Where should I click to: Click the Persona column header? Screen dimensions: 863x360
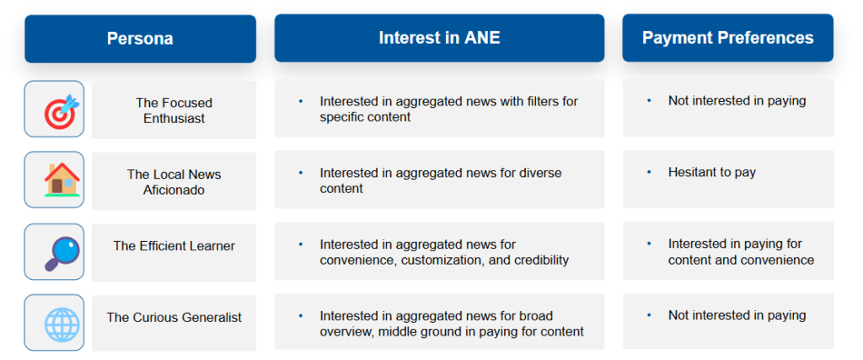click(140, 39)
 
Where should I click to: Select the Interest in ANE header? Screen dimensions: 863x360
click(439, 38)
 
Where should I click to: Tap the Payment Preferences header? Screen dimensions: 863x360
click(727, 37)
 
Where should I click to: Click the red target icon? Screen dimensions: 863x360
click(61, 112)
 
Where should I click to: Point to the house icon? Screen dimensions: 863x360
click(62, 180)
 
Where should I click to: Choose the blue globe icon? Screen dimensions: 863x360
click(62, 323)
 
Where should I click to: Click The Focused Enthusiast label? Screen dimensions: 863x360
click(174, 110)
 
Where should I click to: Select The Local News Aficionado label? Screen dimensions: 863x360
click(174, 181)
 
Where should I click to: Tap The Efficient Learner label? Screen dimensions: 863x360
click(174, 245)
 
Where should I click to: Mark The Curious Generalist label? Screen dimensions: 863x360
click(174, 318)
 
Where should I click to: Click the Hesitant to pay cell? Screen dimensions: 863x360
click(728, 180)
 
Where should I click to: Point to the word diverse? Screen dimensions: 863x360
click(539, 174)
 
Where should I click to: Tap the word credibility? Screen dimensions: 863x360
click(540, 260)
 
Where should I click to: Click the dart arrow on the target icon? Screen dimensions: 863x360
click(69, 104)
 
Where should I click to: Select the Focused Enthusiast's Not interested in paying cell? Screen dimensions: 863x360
click(728, 108)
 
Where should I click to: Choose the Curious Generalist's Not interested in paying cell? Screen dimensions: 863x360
click(728, 321)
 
